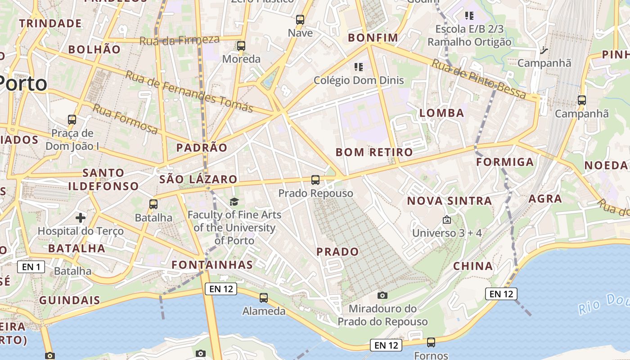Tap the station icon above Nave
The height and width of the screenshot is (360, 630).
[300, 20]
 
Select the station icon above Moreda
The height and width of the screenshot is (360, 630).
[241, 46]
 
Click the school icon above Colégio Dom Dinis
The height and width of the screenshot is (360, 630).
[358, 67]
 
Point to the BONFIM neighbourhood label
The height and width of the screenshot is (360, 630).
[373, 38]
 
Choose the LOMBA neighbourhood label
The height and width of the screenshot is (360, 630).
[441, 113]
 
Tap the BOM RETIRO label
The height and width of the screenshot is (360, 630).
[374, 152]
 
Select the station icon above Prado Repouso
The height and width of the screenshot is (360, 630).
[315, 180]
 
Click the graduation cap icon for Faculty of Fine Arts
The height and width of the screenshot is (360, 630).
[234, 201]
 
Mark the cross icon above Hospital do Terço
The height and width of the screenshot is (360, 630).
[81, 218]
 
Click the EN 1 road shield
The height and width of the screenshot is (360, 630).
[31, 267]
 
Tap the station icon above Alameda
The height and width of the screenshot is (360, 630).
[264, 298]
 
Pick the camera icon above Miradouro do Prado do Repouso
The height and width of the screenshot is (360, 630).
[382, 295]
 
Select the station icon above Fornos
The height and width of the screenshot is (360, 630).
[431, 342]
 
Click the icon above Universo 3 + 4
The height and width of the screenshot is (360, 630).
[447, 220]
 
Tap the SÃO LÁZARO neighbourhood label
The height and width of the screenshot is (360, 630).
[198, 179]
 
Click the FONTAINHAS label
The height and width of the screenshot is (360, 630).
[212, 264]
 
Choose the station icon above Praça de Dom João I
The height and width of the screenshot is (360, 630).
[72, 120]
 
